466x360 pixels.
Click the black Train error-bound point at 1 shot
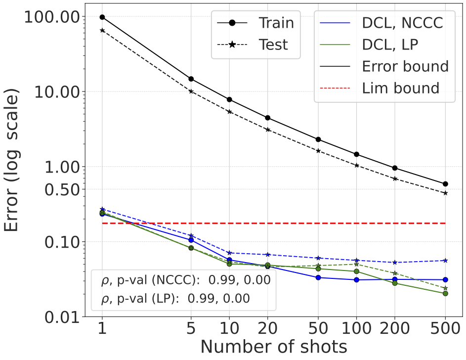click(x=102, y=17)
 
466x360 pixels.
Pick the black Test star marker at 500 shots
click(x=445, y=193)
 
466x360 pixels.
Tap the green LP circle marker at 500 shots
click(x=445, y=293)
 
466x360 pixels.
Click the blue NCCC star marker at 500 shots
click(x=445, y=260)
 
